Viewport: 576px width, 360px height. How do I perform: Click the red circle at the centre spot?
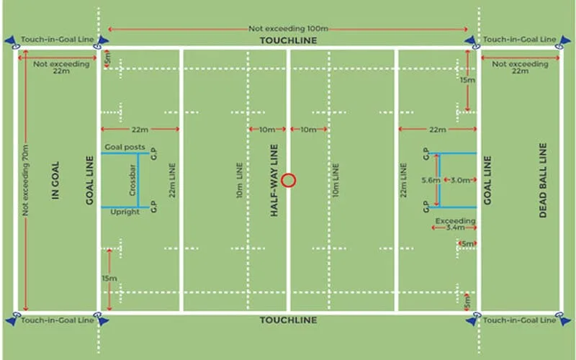289,181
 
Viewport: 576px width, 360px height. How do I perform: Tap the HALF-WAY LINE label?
274,181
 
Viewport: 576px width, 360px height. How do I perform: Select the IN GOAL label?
55,181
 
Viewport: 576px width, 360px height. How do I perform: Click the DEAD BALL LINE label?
543,181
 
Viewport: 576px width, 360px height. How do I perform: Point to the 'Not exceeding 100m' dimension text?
289,29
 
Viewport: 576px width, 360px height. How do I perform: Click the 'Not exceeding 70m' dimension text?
25,181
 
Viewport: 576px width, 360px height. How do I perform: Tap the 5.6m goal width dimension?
431,181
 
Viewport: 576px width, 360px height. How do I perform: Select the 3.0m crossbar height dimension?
460,180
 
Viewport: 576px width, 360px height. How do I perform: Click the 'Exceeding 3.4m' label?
456,224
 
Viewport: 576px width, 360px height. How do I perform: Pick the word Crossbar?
132,180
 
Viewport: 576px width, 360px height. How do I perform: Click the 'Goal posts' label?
125,147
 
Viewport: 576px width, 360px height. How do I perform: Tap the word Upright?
125,212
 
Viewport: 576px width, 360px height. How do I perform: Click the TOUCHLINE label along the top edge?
289,40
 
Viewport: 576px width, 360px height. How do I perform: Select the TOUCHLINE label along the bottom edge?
289,320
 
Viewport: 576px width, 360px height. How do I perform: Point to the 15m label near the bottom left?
109,279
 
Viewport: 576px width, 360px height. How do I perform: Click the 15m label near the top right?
467,80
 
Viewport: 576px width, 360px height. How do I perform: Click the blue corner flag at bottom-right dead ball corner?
564,320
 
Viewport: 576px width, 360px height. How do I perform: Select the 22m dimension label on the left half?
140,130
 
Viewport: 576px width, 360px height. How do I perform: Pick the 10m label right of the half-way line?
309,130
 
